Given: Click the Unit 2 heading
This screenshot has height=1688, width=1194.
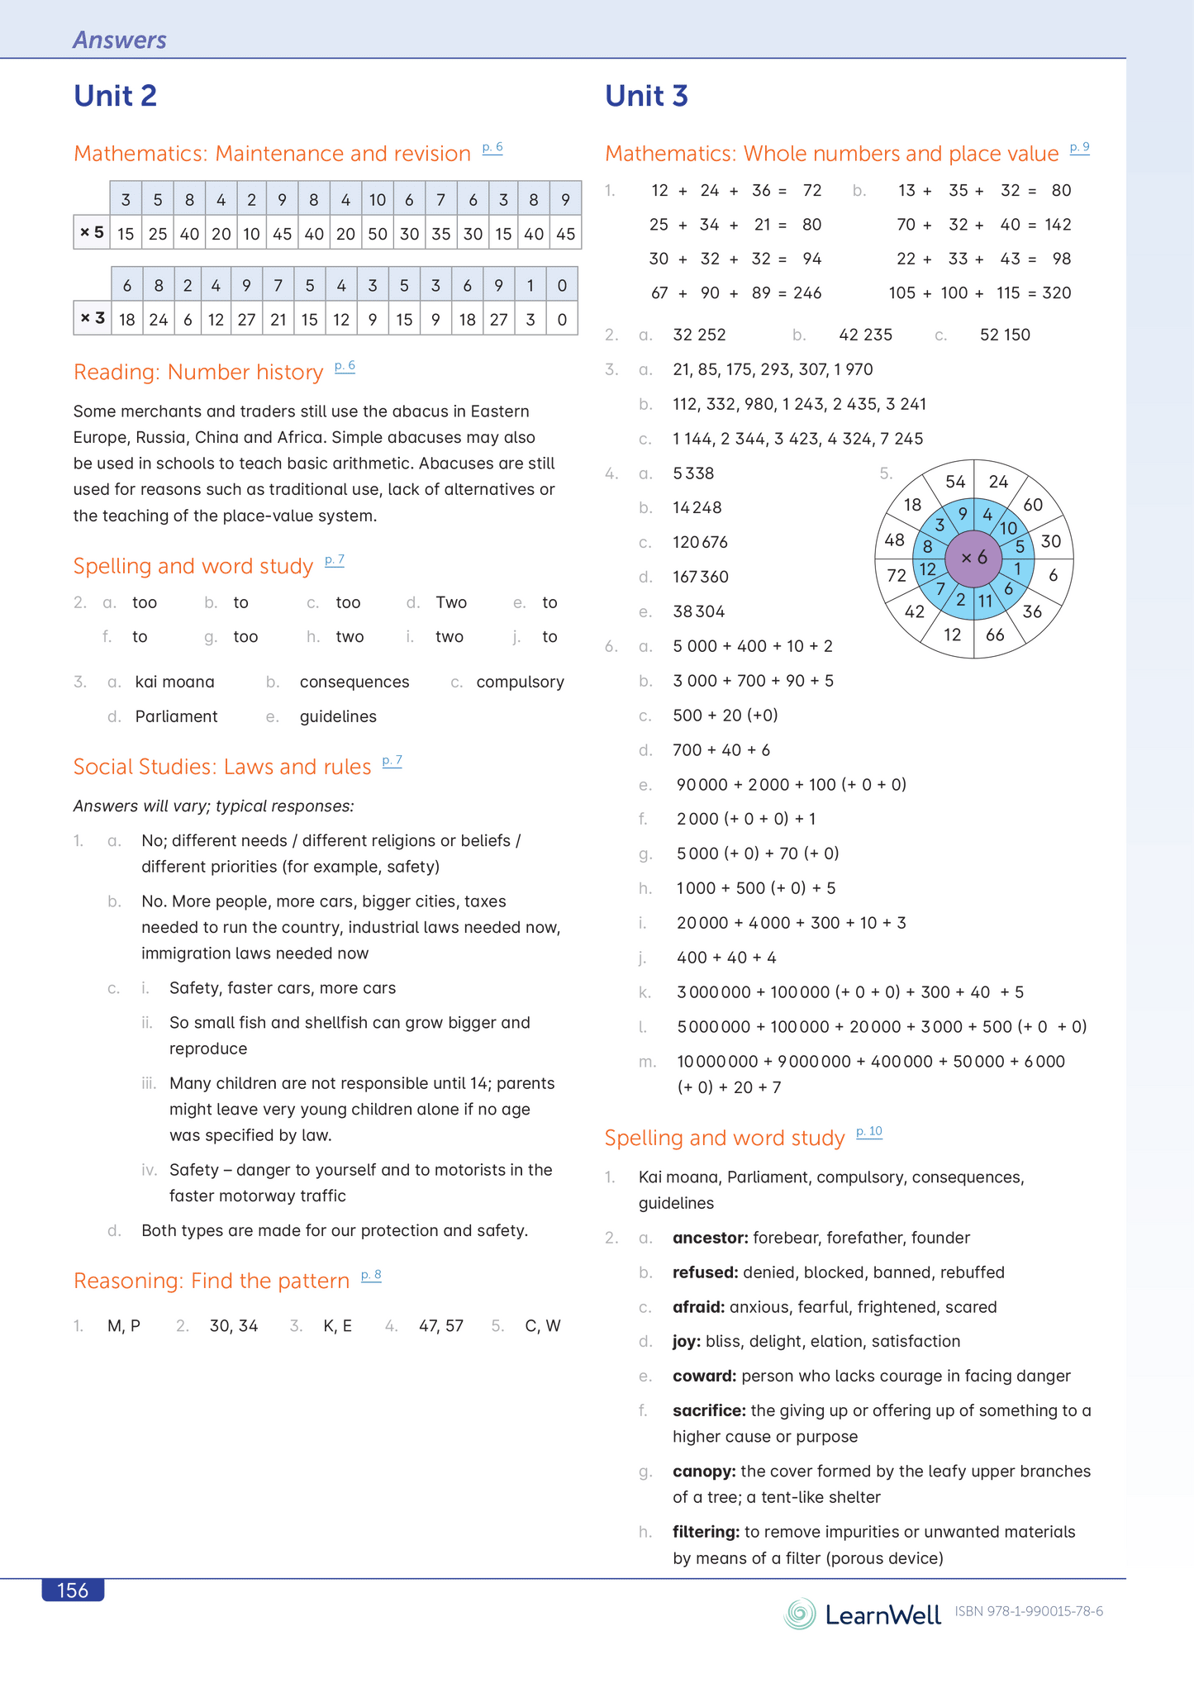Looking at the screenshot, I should [115, 96].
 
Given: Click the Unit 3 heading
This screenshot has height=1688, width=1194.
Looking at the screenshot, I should [646, 96].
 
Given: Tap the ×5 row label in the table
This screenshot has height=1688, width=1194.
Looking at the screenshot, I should [92, 233].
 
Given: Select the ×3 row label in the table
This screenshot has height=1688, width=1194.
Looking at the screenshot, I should [93, 318].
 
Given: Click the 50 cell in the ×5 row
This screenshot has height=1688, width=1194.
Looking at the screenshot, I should [378, 234].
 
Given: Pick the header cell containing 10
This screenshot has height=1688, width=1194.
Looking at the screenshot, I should [378, 199].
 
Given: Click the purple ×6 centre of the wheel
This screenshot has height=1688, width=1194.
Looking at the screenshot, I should [973, 559].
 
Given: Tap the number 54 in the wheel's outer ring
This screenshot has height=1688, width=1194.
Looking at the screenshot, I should [955, 482].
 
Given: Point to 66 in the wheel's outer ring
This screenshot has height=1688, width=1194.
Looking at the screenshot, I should [995, 635].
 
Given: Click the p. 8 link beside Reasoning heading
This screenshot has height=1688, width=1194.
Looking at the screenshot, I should [371, 1275].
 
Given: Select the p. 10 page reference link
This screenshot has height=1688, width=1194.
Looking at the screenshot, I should [869, 1131].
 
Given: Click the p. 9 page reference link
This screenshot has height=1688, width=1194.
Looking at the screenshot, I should [1079, 148].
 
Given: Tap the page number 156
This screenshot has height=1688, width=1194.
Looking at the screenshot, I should [73, 1591].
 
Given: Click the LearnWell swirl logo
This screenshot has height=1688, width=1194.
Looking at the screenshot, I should [800, 1614].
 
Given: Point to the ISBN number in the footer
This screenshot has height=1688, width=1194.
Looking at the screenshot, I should [1029, 1611].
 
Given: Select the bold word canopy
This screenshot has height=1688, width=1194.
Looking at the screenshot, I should [704, 1471].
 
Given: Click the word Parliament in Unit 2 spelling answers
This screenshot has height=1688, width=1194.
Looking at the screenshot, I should [176, 716].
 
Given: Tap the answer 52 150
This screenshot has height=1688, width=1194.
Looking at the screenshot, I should [1005, 335].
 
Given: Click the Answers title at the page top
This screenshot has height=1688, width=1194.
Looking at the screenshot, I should [120, 40].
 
